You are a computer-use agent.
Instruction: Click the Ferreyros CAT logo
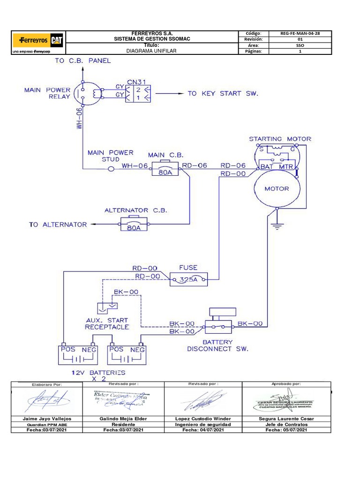coord(38,41)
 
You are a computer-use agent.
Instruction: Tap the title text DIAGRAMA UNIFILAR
coord(152,51)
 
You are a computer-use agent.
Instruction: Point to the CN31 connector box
coord(138,91)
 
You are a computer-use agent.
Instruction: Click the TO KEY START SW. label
coord(223,93)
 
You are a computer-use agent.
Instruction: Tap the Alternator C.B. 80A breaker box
coord(134,225)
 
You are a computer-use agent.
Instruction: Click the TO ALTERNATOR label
coord(58,225)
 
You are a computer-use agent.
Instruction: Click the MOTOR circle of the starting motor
coord(277,188)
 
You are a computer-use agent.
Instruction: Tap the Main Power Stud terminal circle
coord(111,169)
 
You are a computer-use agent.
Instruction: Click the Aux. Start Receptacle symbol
coord(106,307)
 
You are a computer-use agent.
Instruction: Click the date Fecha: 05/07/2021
coord(286,430)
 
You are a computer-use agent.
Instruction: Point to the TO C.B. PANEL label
coord(83,60)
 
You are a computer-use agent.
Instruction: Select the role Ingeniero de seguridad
coord(203,424)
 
